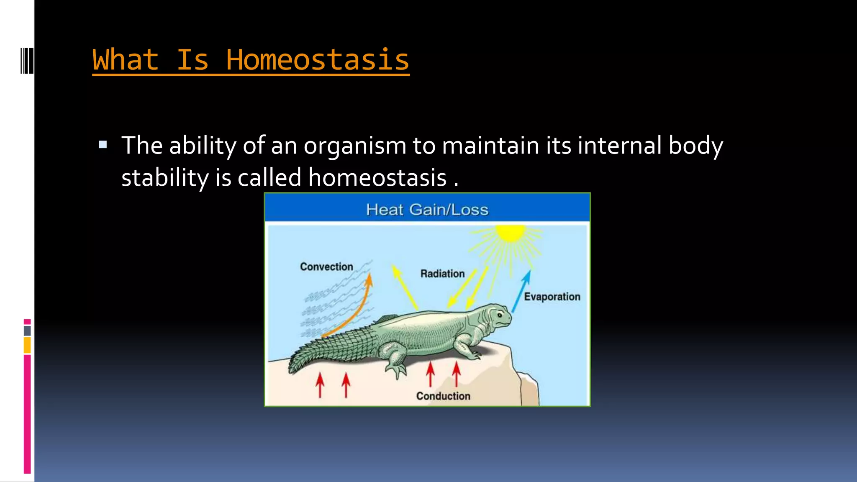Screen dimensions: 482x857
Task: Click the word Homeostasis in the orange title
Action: click(317, 60)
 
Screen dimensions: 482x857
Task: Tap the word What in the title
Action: click(126, 60)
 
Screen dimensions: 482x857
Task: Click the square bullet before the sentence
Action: click(103, 145)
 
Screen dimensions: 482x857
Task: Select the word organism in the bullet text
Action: click(355, 146)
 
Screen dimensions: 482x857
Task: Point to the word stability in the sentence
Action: click(165, 178)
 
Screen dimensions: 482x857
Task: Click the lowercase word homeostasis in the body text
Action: click(377, 178)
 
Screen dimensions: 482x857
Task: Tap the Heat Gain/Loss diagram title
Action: click(427, 209)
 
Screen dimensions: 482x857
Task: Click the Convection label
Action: click(326, 267)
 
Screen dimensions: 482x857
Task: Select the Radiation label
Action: click(442, 274)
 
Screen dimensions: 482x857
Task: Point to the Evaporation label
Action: click(552, 297)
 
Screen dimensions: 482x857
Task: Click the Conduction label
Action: click(443, 396)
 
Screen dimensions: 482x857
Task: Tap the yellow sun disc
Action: click(510, 233)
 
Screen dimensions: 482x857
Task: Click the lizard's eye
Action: click(499, 314)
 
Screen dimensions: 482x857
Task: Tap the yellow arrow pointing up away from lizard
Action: click(404, 287)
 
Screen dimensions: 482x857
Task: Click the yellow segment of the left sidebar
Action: click(27, 346)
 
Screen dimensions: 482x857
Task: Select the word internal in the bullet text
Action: click(620, 146)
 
